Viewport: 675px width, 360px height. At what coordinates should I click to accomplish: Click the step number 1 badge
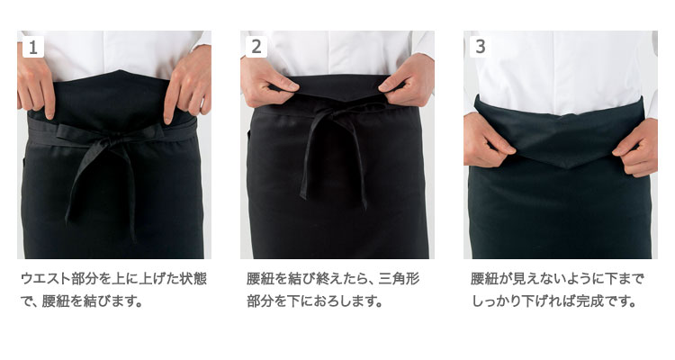click(33, 47)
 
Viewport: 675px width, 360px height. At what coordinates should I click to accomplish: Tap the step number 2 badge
click(256, 47)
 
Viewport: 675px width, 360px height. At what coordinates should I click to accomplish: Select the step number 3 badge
click(480, 47)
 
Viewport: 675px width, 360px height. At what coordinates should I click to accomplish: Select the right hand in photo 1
click(188, 87)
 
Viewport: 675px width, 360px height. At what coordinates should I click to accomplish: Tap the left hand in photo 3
click(486, 140)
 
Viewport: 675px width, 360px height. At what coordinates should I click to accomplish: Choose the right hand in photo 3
click(636, 148)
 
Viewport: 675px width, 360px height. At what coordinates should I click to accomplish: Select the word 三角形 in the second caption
click(399, 279)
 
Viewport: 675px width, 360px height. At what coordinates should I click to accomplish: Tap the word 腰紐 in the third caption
click(484, 279)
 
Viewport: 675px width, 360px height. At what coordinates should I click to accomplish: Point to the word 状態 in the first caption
click(193, 279)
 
